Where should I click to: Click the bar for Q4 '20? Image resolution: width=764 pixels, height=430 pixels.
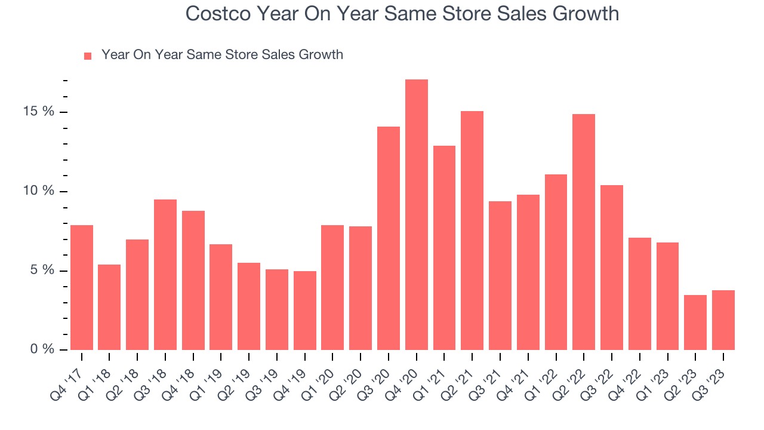point(417,215)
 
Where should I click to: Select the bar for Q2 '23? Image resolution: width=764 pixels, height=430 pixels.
point(695,322)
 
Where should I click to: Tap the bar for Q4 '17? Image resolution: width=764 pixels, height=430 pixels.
point(82,287)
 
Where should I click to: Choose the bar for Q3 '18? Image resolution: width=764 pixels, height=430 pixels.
point(165,275)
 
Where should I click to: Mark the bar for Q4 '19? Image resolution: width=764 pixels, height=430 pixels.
point(305,311)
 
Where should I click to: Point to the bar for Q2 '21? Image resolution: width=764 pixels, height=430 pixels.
point(472,231)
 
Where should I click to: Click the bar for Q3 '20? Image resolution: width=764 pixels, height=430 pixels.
point(389,238)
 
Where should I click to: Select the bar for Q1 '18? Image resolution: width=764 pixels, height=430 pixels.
point(109,307)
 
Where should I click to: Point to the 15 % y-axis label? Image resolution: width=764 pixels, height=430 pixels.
point(39,112)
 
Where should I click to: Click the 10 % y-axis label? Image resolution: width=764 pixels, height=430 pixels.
point(39,191)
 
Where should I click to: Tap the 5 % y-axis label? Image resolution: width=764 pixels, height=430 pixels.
point(42,271)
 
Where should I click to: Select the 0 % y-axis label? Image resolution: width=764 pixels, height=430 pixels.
point(42,349)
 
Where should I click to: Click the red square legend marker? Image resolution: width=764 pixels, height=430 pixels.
point(88,56)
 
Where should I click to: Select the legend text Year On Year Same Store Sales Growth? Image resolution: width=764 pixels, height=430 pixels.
point(222,55)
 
